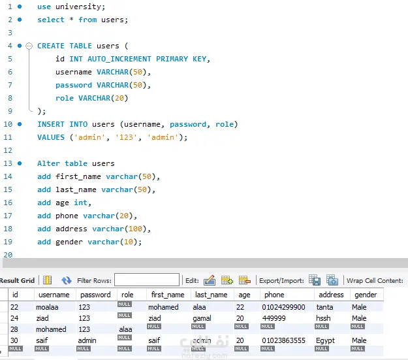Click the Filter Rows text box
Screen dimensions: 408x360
coord(147,280)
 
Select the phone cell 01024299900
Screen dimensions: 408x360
coord(283,307)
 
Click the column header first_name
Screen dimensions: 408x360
coord(168,295)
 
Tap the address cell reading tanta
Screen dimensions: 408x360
coord(324,307)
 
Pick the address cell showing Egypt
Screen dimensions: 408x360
coord(325,340)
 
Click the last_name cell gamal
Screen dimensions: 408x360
coord(202,318)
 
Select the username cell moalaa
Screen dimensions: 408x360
coord(47,307)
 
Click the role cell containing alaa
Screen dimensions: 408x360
coord(125,329)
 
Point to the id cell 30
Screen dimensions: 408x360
coord(14,340)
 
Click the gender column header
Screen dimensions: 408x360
coord(366,295)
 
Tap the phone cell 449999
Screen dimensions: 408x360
coord(274,318)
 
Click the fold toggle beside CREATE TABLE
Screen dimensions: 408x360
coord(29,46)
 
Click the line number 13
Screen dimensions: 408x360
coord(8,163)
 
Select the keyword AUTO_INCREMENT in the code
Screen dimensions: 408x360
coord(119,59)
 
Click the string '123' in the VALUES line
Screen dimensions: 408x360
coord(126,137)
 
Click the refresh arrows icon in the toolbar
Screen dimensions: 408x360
coord(67,280)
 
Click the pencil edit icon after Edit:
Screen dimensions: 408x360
coord(210,280)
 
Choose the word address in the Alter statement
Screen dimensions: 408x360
coord(71,229)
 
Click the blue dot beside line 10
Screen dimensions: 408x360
coord(20,124)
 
